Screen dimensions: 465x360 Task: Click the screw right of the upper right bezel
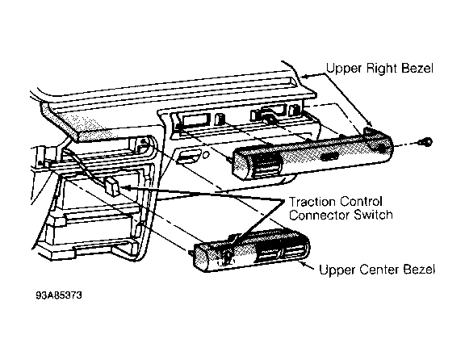427,142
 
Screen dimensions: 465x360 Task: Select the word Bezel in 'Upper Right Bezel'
417,68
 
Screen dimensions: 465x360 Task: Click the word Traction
312,202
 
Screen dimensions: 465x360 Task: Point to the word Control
361,202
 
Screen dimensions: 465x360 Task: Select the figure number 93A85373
59,295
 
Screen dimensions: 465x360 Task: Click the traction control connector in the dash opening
111,186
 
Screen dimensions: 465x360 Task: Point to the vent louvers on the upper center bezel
279,254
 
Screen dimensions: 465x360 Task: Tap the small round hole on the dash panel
205,155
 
